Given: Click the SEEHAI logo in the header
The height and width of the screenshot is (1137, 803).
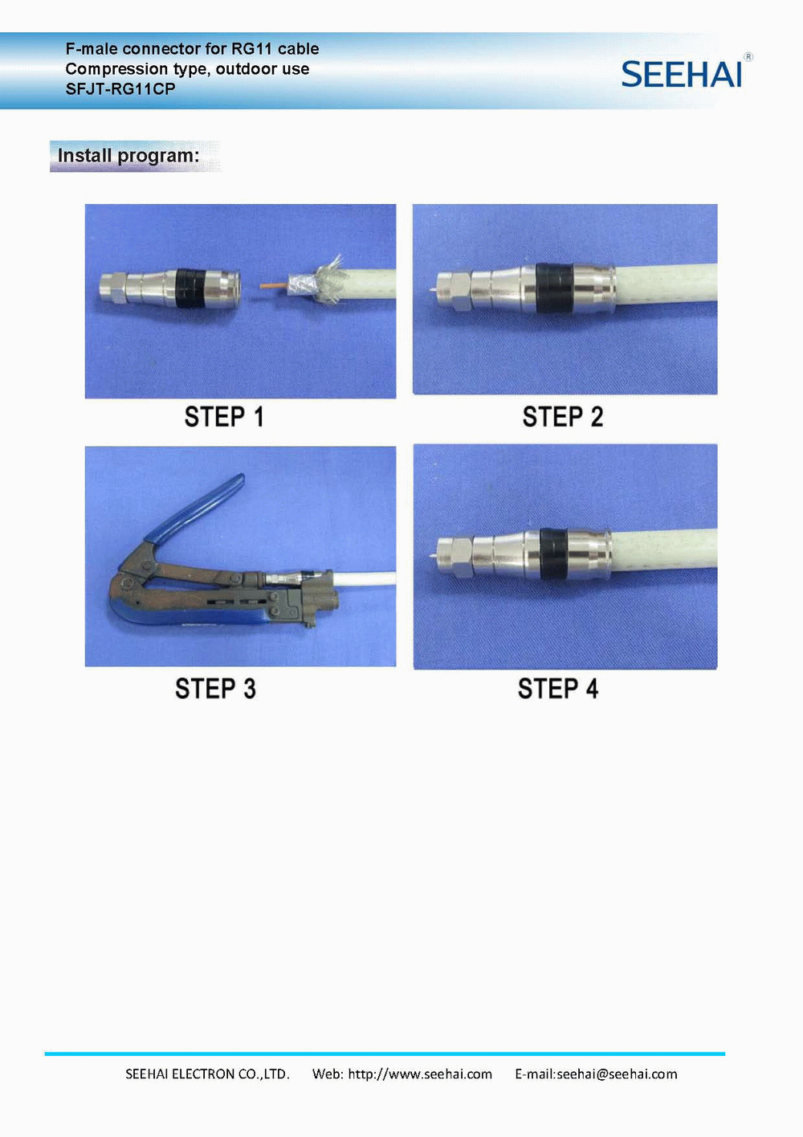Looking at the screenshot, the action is pos(681,74).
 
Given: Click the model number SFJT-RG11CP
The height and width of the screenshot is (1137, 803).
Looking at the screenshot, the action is pos(120,89).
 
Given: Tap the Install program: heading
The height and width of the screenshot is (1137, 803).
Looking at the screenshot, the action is pos(128,156).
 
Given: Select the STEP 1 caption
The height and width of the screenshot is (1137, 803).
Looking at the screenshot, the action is pos(224,417).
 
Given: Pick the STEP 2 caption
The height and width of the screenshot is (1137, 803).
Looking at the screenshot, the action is pos(563,417).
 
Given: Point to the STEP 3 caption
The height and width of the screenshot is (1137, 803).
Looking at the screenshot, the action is pos(215,689).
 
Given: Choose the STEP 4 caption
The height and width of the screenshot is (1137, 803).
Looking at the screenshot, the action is pos(558,689).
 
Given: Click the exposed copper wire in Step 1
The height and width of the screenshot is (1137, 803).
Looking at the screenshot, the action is pos(274,286).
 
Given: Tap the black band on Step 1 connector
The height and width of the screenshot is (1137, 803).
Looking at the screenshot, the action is pos(191,288).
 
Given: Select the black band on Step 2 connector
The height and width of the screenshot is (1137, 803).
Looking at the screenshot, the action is pos(554,288).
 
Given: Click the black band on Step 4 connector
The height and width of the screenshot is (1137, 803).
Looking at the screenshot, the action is pos(554,554).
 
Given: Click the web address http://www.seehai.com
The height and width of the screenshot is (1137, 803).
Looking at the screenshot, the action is pos(420,1074).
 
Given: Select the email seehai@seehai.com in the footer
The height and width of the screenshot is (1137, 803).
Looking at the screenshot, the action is pos(617,1074).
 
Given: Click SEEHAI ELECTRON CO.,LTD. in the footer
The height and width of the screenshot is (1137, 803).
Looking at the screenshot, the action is pos(207,1074).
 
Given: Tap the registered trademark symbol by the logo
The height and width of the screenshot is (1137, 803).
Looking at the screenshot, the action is pos(748,57).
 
